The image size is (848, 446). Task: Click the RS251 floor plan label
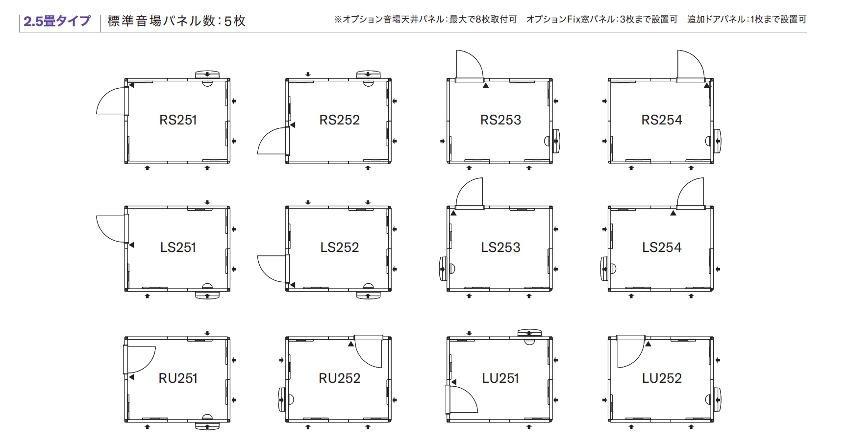coord(178,120)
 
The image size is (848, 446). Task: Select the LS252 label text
coord(339,248)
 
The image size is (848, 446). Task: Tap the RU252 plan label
coord(339,378)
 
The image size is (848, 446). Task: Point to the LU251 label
coord(500,378)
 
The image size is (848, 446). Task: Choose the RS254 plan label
coord(662,120)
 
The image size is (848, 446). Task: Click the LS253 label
coord(500,248)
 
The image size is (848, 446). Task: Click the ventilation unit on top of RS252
coord(368,74)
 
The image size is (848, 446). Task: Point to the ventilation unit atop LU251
coord(529,333)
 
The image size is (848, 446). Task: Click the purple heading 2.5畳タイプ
coord(57,21)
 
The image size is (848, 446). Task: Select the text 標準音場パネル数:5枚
coord(176,21)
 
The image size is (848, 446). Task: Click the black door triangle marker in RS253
coord(486,85)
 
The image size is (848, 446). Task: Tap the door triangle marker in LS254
coord(673,213)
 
